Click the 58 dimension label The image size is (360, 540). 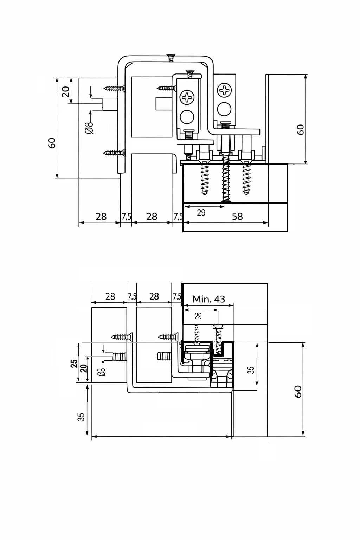[237, 216]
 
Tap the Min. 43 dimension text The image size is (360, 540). [208, 299]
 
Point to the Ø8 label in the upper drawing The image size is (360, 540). [89, 127]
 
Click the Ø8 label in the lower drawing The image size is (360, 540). [101, 372]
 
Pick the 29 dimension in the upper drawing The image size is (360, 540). [201, 213]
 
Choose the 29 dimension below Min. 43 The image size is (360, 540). [198, 316]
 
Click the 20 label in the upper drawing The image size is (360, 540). [65, 92]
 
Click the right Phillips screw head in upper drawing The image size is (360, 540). [224, 90]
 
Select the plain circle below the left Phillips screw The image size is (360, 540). [187, 116]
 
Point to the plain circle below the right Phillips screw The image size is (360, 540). [224, 109]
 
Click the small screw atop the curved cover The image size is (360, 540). [171, 57]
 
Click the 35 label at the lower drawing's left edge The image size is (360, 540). [81, 417]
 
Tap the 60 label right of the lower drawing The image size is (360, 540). [298, 391]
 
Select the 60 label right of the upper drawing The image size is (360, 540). [300, 129]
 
